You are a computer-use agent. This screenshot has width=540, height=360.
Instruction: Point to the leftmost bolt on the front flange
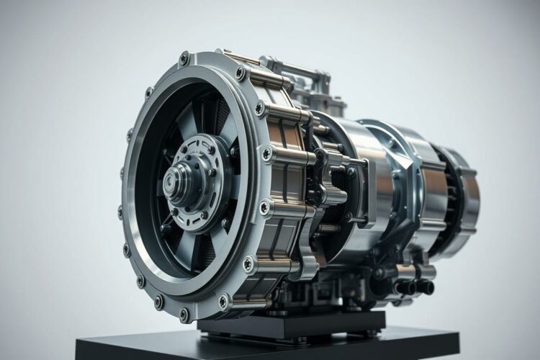pyautogui.click(x=121, y=212)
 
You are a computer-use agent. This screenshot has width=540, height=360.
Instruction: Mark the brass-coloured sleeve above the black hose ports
pyautogui.click(x=413, y=271)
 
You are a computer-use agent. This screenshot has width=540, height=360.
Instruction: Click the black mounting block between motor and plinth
pyautogui.click(x=288, y=324)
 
